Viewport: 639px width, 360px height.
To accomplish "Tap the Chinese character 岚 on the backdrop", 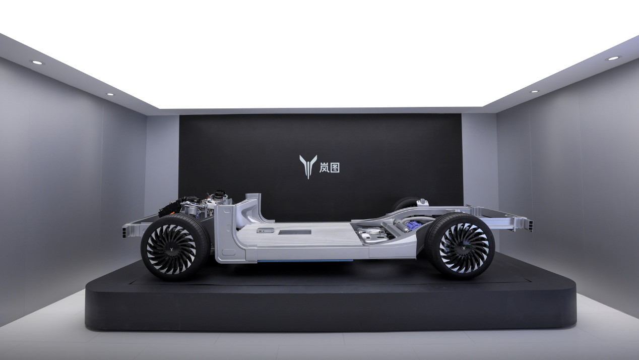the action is point(324,167).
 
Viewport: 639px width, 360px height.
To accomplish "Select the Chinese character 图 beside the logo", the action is point(335,167).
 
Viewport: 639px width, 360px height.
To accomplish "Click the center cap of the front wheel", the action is point(172,250).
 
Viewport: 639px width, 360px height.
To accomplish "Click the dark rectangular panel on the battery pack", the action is point(295,232).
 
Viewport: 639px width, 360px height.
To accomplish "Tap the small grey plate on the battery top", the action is point(265,230).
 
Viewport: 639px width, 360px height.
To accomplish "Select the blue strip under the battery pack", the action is point(305,261).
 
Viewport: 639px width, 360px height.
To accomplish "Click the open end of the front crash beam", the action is point(126,231).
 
